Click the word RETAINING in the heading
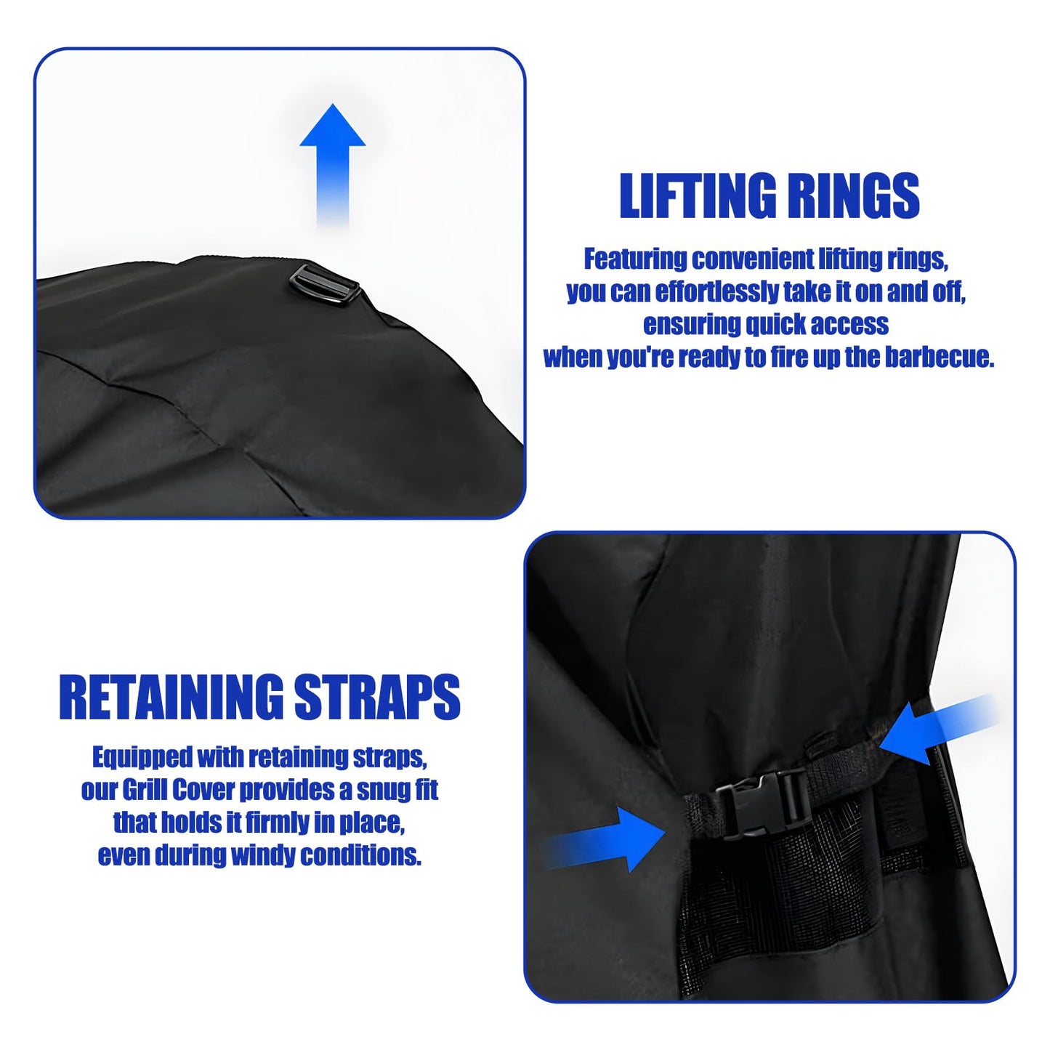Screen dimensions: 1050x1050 (x=171, y=698)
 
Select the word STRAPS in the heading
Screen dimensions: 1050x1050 (x=377, y=698)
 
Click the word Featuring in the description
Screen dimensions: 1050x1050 (x=635, y=259)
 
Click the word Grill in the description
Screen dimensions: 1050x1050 (x=145, y=790)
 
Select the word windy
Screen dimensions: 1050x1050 (x=262, y=855)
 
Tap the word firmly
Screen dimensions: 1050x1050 (x=277, y=823)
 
